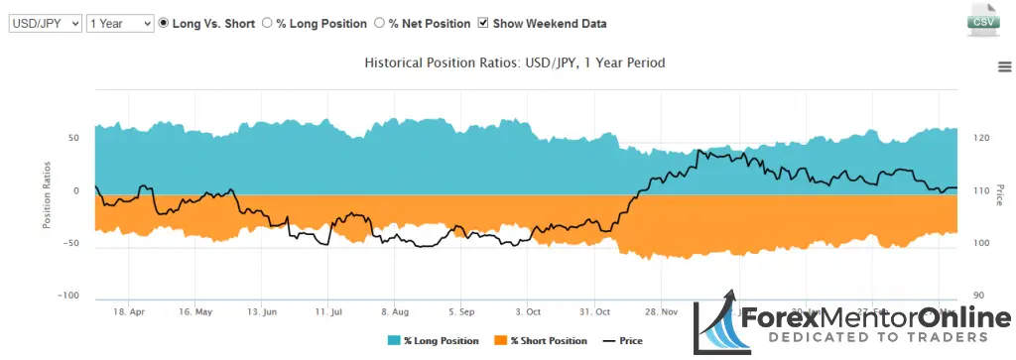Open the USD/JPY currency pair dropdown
[x=45, y=23]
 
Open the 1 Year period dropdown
[x=120, y=23]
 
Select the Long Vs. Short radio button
[x=165, y=23]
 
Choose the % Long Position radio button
[x=267, y=23]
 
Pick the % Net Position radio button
[x=380, y=23]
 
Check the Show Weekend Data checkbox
[x=483, y=23]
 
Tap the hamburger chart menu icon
[x=1004, y=66]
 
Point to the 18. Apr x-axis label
[x=130, y=310]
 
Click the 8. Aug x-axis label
[x=394, y=310]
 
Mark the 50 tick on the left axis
[x=72, y=138]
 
